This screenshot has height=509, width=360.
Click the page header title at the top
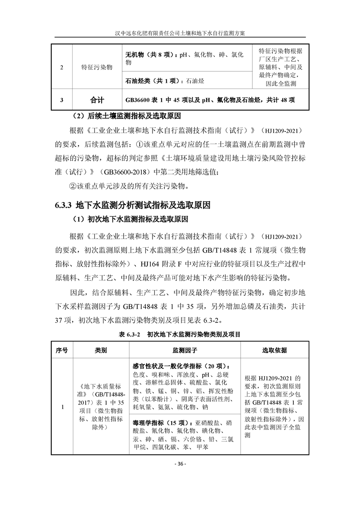(x=180, y=33)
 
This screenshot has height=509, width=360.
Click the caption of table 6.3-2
(x=180, y=334)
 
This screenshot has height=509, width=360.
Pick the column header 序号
(x=62, y=351)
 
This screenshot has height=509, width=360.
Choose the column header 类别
(x=101, y=351)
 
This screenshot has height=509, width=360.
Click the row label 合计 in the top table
(x=97, y=99)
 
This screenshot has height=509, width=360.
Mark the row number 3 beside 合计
(x=62, y=99)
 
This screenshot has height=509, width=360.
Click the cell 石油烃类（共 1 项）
(x=152, y=81)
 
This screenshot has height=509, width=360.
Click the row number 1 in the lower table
(x=62, y=407)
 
